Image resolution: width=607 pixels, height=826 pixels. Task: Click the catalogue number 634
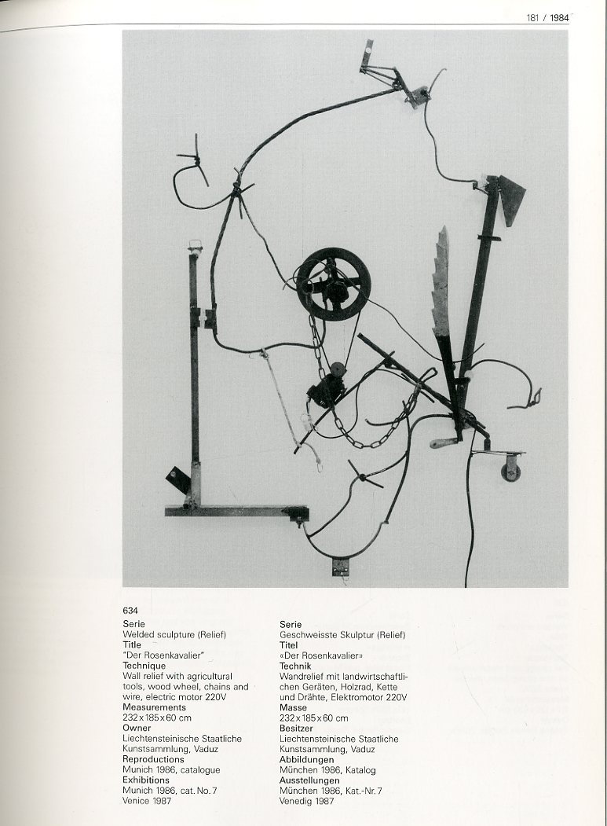130,611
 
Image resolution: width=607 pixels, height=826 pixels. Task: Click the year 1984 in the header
560,18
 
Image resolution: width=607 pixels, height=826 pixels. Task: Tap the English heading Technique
144,666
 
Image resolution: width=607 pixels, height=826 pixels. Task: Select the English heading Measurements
154,707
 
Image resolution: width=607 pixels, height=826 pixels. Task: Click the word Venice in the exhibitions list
135,801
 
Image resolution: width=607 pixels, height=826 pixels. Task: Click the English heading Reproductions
153,759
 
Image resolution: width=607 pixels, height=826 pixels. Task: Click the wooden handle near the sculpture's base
442,442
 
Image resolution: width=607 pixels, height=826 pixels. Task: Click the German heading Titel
288,644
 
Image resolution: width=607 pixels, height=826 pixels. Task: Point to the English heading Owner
137,728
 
